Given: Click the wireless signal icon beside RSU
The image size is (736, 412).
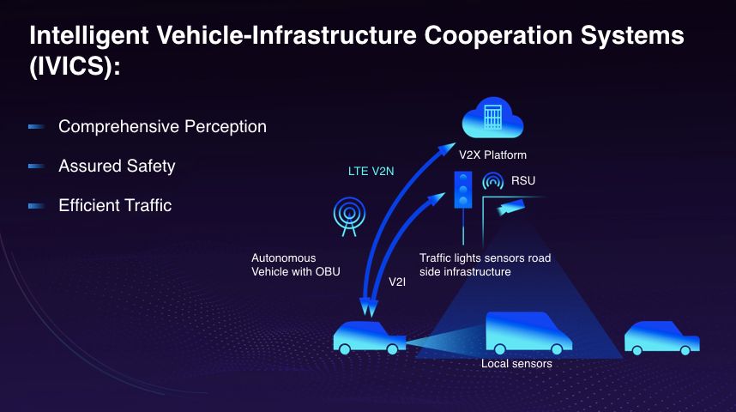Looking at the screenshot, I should (493, 182).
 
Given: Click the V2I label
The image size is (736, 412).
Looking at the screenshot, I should (397, 281).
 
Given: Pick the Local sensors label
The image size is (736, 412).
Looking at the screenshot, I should (516, 364).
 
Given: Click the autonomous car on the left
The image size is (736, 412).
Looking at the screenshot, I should (370, 336).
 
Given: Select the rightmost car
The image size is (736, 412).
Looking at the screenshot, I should (661, 338).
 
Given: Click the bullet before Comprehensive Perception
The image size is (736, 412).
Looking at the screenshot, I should (36, 127).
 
